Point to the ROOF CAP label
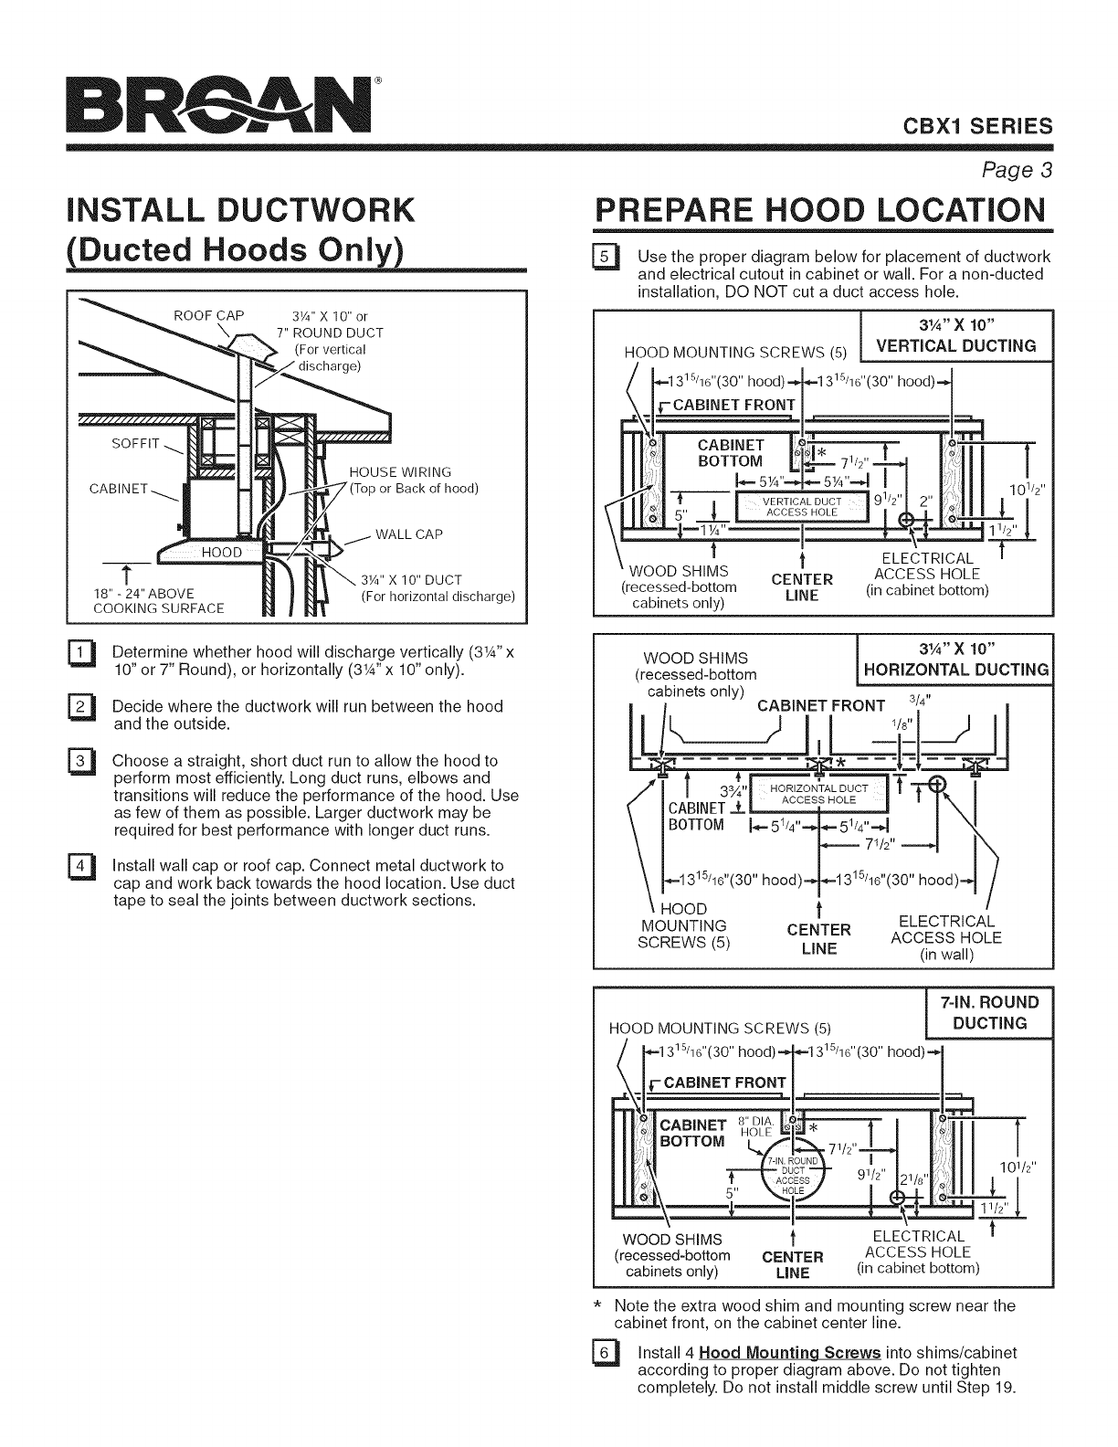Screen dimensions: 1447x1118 [209, 316]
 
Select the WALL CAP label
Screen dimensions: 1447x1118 [409, 534]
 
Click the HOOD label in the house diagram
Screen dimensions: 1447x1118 [221, 552]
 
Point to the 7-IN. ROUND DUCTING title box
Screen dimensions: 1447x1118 [989, 1014]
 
